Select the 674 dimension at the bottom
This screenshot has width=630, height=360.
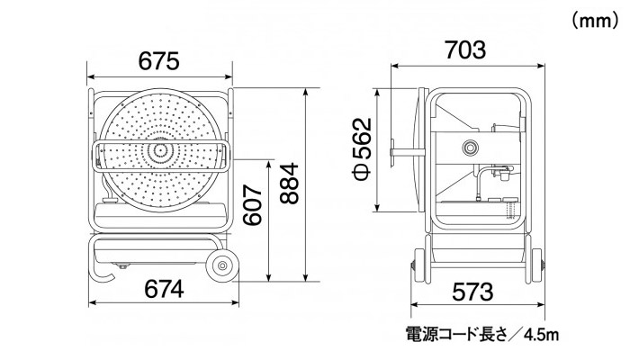coord(162,290)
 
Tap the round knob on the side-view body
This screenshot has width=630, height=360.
coord(469,148)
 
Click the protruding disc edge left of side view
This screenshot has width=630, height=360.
coord(397,150)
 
